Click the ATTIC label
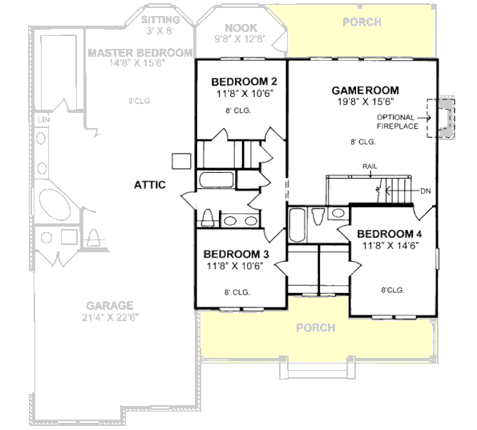[150, 185]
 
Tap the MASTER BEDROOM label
[139, 53]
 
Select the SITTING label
[160, 18]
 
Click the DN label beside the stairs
[425, 191]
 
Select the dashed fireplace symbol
[439, 118]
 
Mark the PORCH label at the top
[362, 22]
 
